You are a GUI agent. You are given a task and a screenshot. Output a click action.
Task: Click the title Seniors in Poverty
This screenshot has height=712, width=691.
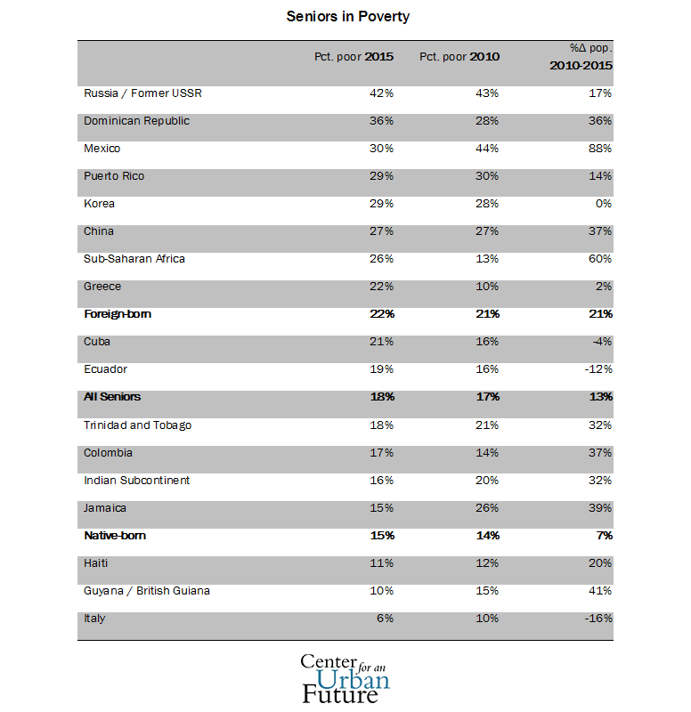coord(347,17)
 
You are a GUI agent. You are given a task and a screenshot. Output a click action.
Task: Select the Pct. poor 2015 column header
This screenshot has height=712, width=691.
coord(354,57)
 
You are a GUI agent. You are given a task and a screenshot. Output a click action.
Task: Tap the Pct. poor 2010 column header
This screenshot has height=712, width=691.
coord(459,57)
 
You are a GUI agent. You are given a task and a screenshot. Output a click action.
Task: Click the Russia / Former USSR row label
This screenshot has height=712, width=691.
coord(136,93)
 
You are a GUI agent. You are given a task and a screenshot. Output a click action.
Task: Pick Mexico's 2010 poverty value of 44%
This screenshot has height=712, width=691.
coord(487,149)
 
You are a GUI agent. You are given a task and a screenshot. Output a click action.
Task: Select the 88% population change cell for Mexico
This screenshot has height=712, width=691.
coord(600,149)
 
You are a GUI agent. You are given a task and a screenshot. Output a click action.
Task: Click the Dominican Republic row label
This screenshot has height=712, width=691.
coord(136,121)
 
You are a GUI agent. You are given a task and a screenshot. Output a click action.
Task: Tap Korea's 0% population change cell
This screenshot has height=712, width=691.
coord(604,204)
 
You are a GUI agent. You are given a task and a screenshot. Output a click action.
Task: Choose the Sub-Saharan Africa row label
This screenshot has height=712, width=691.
coord(134,259)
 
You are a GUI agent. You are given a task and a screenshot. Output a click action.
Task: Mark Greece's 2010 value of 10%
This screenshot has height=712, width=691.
coord(487,287)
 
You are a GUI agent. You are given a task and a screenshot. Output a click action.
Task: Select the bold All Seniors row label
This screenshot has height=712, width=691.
coord(112,397)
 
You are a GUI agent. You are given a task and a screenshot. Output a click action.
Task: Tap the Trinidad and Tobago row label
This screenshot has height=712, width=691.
coord(137,425)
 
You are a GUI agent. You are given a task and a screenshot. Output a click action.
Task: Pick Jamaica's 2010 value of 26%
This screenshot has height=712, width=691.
coord(487,508)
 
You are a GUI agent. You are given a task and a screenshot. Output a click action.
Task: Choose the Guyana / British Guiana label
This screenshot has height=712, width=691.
coord(147,591)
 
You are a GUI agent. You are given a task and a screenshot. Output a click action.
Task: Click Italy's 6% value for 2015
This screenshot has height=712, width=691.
coord(385,619)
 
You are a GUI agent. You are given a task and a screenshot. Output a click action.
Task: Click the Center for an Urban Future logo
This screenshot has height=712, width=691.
coord(345,678)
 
